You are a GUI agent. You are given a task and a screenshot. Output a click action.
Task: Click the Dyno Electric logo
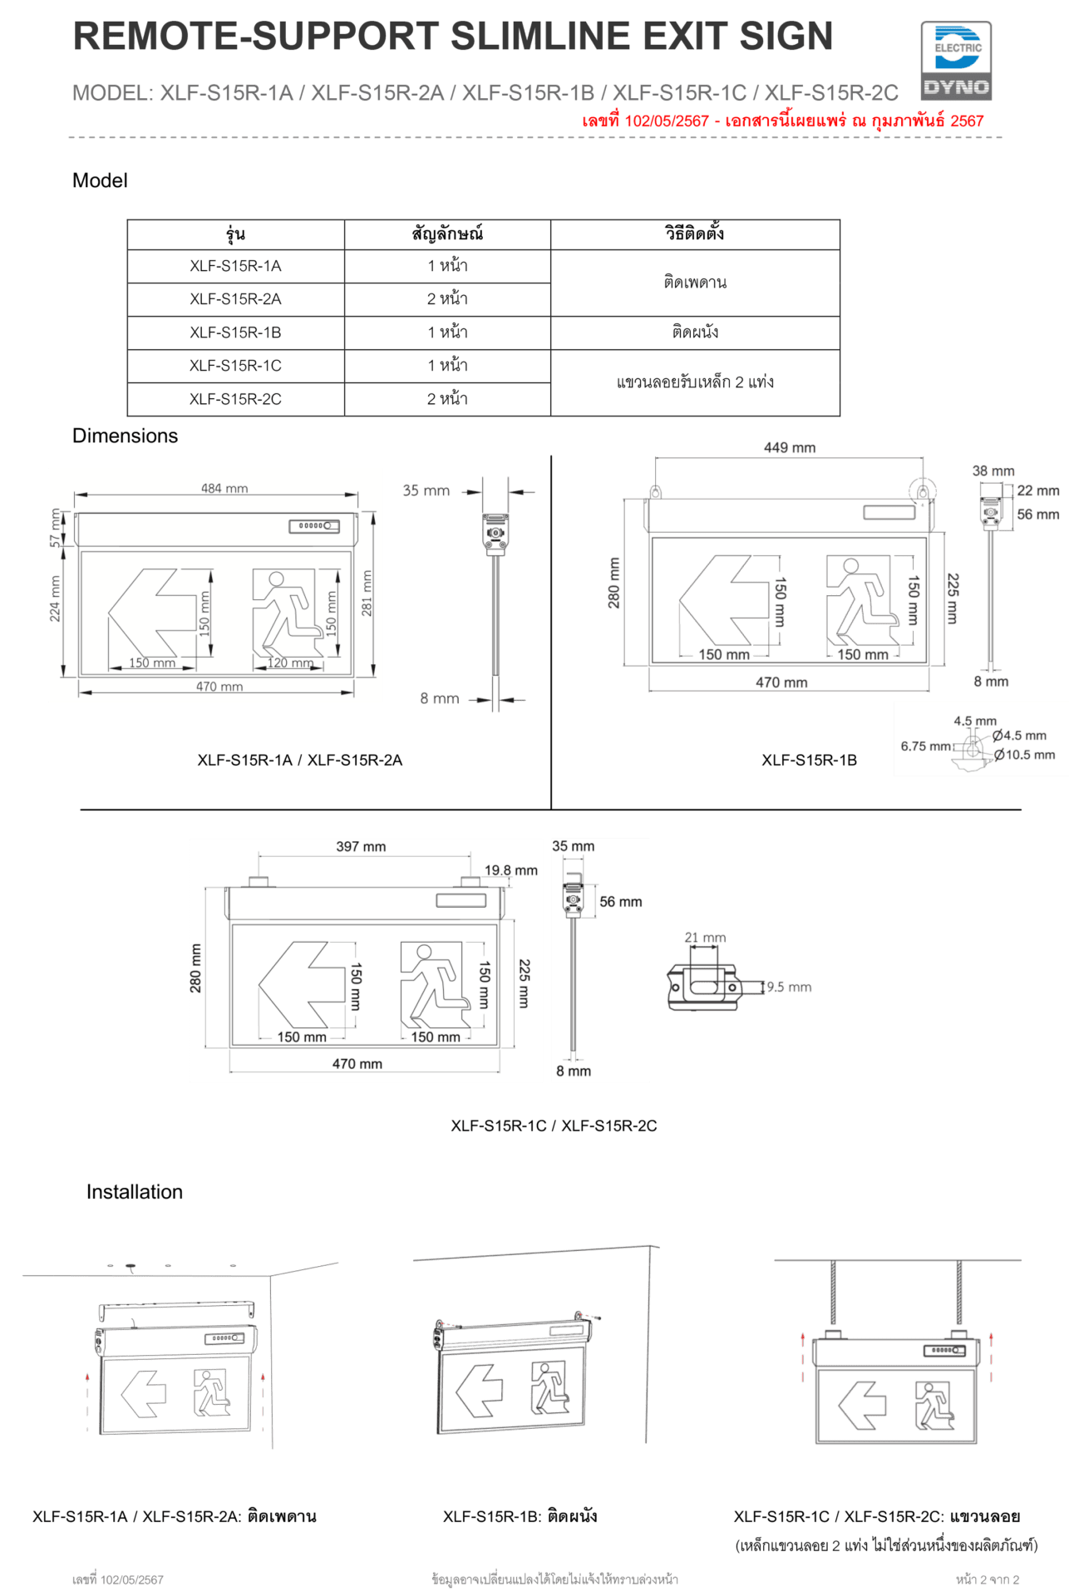[x=956, y=62]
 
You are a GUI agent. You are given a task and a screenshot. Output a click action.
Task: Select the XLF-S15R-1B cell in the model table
[x=235, y=332]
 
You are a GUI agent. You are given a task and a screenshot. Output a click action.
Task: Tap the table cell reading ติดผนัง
[x=695, y=332]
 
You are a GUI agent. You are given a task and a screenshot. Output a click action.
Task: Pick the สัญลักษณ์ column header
[x=447, y=234]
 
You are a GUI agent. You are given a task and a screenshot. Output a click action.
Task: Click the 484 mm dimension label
[x=224, y=489]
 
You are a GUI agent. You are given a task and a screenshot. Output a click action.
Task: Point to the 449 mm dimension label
[x=790, y=447]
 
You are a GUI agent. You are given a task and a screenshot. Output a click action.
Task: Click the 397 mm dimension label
[x=361, y=846]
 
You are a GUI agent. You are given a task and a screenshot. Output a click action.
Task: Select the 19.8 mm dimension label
[x=511, y=870]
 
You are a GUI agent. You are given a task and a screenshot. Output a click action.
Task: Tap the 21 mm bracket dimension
[x=705, y=938]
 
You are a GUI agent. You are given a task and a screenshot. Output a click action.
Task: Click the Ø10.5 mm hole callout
[x=1025, y=755]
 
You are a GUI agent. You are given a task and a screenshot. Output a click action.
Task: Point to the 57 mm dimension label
[x=55, y=528]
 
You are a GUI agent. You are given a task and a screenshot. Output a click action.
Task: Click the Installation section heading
[x=135, y=1192]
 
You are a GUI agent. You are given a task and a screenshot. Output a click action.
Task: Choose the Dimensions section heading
[x=125, y=436]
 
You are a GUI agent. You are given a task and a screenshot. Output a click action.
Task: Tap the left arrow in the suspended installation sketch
[x=862, y=1406]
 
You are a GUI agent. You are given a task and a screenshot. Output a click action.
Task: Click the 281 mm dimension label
[x=367, y=593]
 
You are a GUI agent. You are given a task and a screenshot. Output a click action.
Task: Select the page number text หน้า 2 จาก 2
[x=988, y=1579]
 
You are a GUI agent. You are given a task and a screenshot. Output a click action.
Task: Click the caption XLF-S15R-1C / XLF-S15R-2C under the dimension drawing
[x=554, y=1126]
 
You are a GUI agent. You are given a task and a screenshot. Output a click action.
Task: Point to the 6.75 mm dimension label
[x=925, y=746]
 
